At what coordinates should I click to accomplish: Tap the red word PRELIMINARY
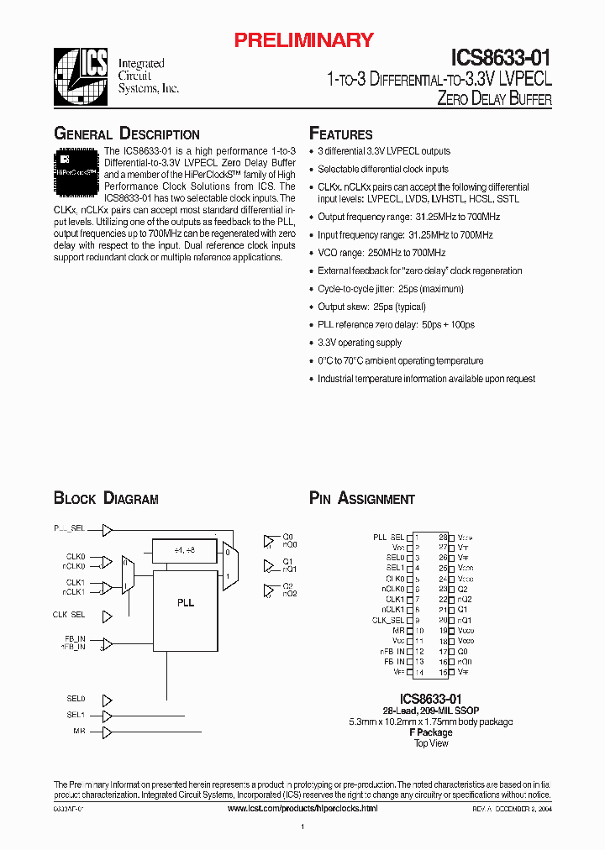304,39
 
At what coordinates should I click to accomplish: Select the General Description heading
127,134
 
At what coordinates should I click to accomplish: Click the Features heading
341,134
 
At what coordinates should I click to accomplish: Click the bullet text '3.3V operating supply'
360,343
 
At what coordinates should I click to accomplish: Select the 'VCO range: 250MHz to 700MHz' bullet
381,253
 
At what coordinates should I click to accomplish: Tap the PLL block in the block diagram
186,602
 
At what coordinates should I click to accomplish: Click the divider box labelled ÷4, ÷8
184,550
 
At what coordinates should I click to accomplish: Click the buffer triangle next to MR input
107,732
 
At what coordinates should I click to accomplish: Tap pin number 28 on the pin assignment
443,537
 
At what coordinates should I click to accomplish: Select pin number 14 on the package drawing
418,672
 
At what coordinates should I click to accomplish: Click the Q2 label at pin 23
463,589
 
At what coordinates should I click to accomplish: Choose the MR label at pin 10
399,631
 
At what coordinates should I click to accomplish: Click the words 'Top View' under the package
431,743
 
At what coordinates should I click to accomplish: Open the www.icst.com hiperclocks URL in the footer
302,808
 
